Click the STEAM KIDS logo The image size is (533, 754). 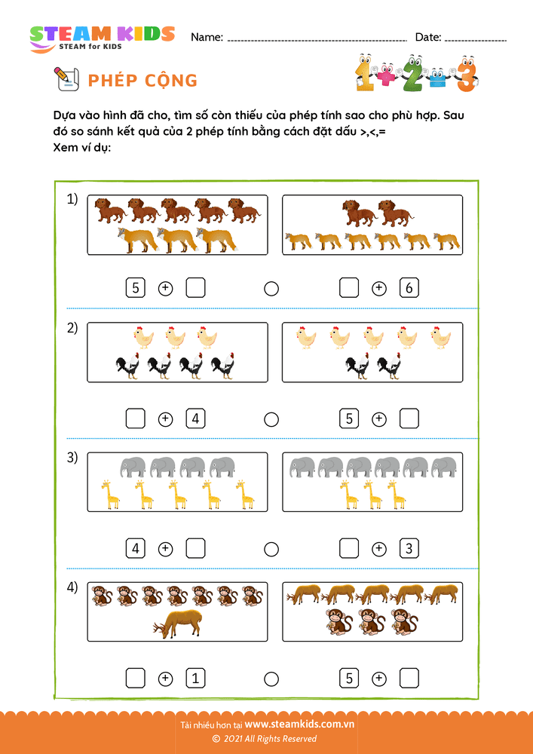102,38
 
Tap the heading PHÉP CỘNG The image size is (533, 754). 142,81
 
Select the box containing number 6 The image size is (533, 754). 409,288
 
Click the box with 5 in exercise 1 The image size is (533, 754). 135,288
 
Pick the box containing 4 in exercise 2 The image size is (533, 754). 196,418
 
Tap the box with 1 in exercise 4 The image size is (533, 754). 196,679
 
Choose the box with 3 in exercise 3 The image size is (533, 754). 409,549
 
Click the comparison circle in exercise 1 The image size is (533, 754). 271,289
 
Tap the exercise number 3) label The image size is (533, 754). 72,458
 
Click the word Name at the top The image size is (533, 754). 207,37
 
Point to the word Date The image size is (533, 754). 427,37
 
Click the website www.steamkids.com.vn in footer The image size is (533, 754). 299,725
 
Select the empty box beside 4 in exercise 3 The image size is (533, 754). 196,549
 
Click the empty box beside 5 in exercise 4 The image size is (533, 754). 409,679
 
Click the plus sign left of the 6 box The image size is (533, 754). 379,288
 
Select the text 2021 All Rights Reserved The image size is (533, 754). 269,739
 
